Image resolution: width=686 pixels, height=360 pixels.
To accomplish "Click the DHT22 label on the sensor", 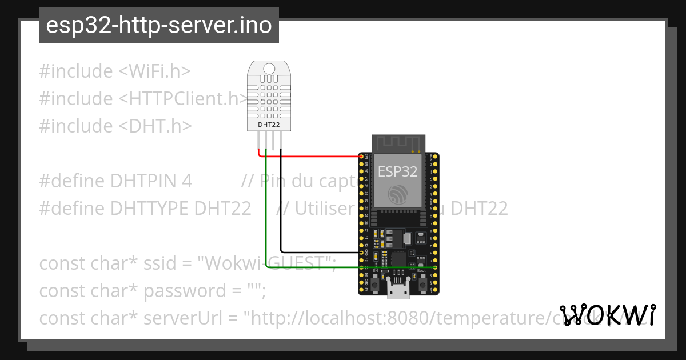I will (269, 124).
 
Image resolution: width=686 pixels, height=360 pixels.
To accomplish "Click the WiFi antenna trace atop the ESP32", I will (398, 143).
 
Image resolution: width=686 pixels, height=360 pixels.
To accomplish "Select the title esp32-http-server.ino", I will (158, 25).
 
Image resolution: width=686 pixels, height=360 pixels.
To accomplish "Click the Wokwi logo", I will (608, 315).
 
